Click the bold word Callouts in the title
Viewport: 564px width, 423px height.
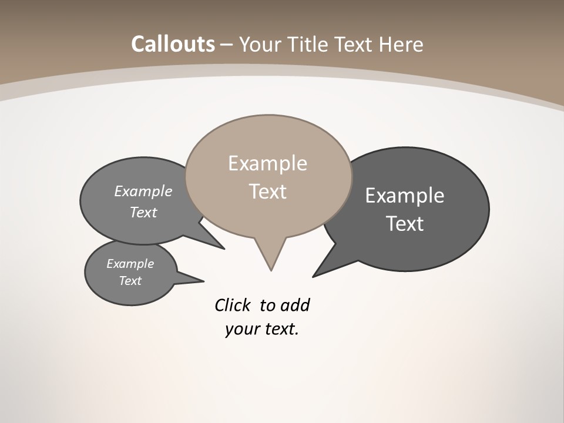click(173, 44)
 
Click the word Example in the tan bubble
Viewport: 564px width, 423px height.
click(267, 163)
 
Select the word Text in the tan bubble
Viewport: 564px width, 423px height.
click(267, 192)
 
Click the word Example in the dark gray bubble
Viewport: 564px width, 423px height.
click(404, 196)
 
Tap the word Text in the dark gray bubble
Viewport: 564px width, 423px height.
click(405, 224)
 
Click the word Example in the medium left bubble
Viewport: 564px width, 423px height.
click(143, 191)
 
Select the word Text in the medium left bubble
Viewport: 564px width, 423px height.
click(143, 212)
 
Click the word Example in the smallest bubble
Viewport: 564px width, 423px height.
click(130, 264)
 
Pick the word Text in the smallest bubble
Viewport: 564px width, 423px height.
click(130, 281)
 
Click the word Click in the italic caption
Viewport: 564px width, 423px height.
click(233, 305)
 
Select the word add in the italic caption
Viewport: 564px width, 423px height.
click(294, 305)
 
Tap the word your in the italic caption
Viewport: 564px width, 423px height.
click(241, 329)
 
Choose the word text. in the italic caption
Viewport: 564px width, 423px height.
click(280, 329)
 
